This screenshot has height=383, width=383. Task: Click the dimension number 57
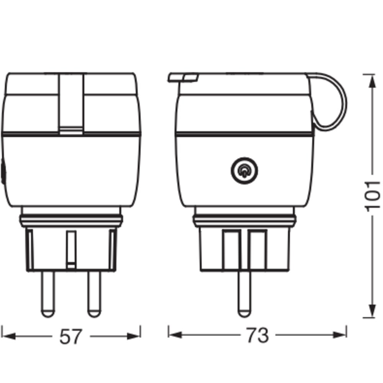pos(70,337)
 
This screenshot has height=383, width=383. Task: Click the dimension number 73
pos(257,335)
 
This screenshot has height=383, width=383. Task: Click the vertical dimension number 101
pos(372,196)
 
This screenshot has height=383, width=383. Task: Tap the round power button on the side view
pos(244,171)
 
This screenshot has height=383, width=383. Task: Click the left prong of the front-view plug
pos(48,294)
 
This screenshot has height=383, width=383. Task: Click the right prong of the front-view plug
pos(94,294)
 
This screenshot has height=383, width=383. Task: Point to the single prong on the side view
pos(244,294)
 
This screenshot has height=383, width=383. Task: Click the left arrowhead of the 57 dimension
pos(8,336)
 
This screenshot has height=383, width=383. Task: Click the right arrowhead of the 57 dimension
pos(134,336)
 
